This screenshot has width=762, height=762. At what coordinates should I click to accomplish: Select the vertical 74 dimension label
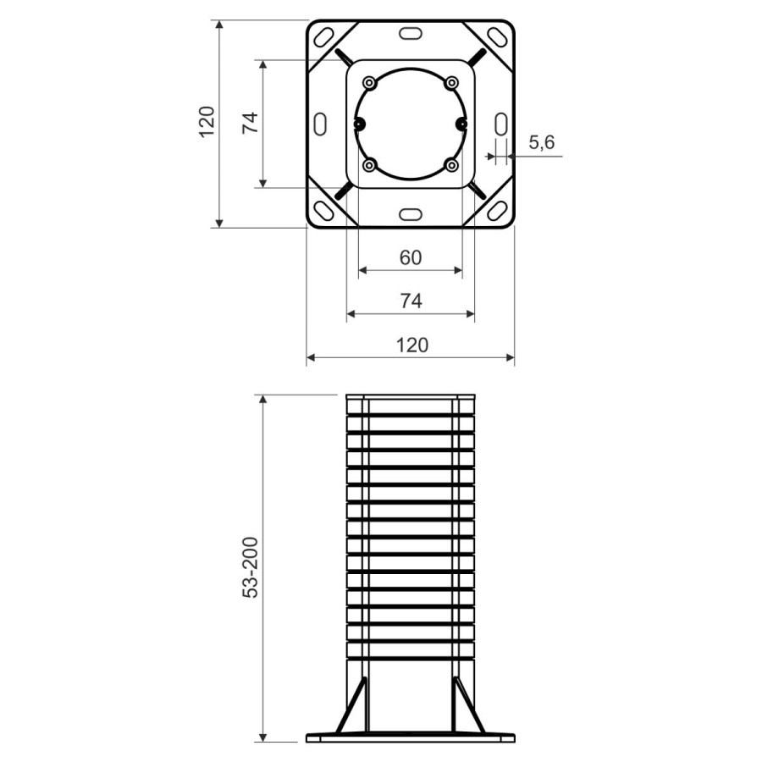[249, 123]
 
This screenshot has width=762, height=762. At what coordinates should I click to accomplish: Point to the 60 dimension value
[411, 257]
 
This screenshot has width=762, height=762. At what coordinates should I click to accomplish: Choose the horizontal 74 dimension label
[411, 301]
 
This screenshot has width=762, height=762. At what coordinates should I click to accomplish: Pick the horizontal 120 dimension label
[411, 345]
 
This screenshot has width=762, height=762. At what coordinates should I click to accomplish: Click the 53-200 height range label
[251, 567]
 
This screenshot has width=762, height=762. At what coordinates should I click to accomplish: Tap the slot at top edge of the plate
[411, 33]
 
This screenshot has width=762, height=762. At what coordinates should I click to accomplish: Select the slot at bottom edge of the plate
[411, 213]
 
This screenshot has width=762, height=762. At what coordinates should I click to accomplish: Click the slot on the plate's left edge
[320, 124]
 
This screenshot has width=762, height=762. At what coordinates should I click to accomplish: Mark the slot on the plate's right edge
[500, 124]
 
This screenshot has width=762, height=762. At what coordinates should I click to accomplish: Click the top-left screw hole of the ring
[369, 82]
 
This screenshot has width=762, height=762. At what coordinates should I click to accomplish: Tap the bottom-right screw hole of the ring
[452, 164]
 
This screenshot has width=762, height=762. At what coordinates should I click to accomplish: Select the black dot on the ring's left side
[359, 124]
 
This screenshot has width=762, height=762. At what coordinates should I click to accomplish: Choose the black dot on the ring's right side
[461, 124]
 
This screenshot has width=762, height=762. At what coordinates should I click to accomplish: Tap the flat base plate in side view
[411, 737]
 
